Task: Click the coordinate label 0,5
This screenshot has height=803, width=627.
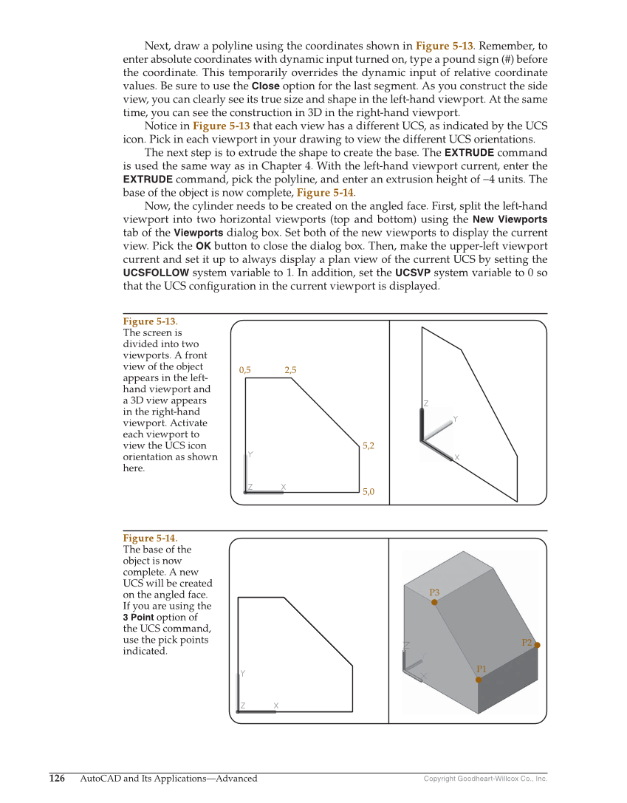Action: tap(245, 370)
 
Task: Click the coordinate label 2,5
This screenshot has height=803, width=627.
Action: tap(290, 370)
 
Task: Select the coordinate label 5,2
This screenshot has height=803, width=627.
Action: tap(369, 445)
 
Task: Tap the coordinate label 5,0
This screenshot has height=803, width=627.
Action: tap(369, 491)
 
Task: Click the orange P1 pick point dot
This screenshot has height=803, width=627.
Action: tap(479, 680)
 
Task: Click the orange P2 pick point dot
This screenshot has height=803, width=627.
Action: tap(537, 645)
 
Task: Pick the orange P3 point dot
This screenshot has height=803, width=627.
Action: tap(434, 602)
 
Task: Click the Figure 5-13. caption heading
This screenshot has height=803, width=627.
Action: tap(150, 321)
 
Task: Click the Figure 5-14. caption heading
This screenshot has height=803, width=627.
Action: tap(150, 538)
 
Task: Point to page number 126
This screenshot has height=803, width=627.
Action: tap(57, 778)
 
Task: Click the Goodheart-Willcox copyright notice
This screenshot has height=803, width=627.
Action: tap(485, 779)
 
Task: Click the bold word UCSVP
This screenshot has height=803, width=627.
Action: tap(414, 273)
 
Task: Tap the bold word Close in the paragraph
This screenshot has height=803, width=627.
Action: tap(265, 86)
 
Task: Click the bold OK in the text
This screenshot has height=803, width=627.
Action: tap(203, 246)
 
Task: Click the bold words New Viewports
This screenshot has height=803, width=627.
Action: tap(510, 219)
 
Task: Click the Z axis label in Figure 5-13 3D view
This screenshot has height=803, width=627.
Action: tap(426, 403)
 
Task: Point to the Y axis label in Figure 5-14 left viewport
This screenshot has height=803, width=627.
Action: tap(242, 673)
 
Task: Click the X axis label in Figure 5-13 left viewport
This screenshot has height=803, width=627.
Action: tap(283, 487)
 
